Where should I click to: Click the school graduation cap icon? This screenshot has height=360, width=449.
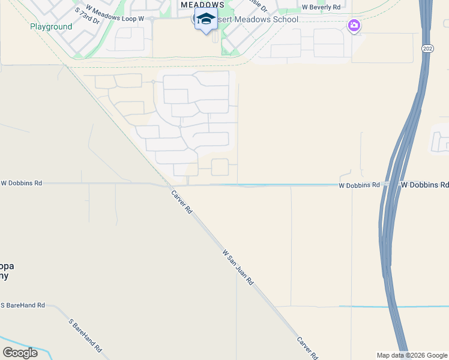click(206, 19)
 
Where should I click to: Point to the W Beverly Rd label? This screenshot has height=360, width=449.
click(321, 7)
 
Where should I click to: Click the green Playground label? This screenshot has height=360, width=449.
click(51, 27)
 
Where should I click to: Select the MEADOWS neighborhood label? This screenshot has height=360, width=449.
click(202, 4)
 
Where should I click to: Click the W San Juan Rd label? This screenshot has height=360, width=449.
click(238, 267)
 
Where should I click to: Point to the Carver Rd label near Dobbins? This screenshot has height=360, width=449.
click(181, 202)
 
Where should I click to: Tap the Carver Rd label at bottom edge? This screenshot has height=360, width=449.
click(307, 348)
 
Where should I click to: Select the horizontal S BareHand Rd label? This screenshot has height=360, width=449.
click(22, 305)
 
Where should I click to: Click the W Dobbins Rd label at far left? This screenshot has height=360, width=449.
click(22, 182)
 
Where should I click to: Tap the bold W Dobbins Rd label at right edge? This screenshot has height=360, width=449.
click(424, 185)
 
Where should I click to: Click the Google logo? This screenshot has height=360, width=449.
click(20, 353)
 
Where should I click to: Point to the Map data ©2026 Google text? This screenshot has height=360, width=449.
click(412, 355)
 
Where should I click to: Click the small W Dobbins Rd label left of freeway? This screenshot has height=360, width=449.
click(359, 186)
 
